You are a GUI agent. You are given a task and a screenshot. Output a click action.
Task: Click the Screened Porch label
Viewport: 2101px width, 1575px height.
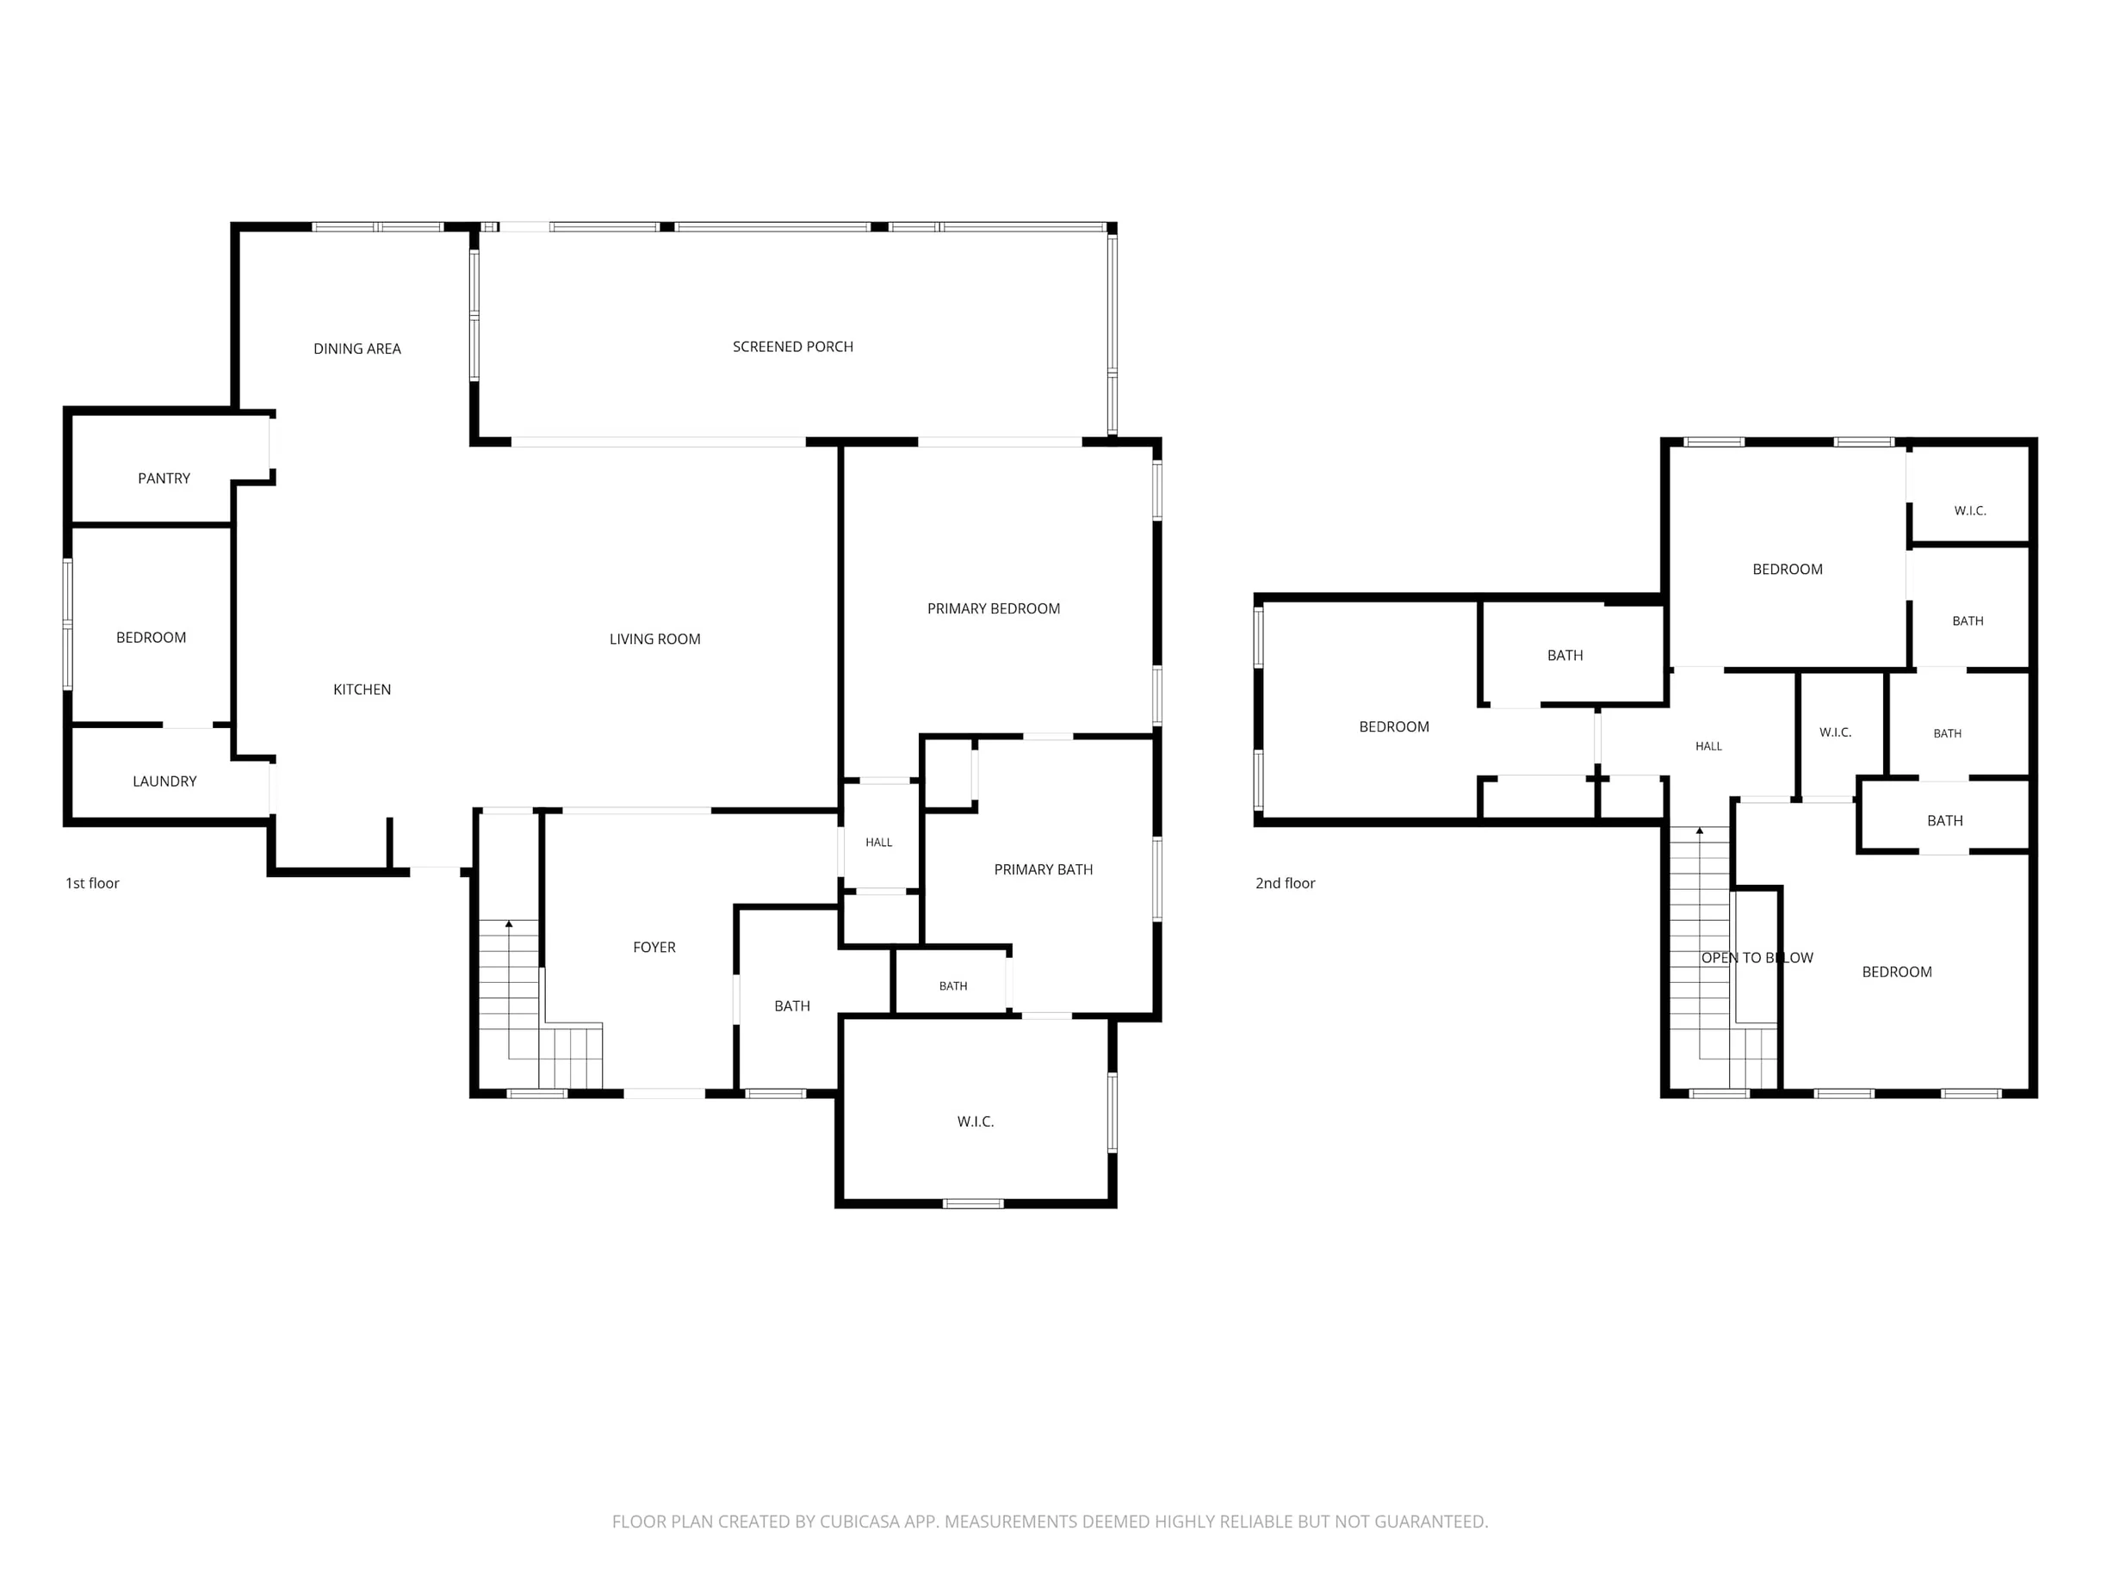(792, 347)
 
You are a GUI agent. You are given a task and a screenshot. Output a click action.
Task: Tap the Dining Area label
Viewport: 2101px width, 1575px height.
(357, 349)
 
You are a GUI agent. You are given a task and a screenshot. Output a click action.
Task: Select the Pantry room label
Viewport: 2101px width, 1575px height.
(164, 478)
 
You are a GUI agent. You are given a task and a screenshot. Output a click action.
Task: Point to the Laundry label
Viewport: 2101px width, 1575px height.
(164, 781)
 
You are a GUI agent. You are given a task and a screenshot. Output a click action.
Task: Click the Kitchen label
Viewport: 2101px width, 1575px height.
(362, 689)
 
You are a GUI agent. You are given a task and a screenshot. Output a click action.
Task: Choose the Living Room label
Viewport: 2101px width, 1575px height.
(654, 639)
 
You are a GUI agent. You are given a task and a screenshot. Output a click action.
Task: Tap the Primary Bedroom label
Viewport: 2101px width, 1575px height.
(994, 608)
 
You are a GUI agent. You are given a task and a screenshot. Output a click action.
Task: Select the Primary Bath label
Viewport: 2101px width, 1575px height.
(1043, 868)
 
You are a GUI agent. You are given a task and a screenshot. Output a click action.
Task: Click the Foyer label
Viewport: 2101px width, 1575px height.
(654, 947)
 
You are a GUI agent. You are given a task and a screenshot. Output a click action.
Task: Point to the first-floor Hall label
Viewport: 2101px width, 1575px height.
(878, 842)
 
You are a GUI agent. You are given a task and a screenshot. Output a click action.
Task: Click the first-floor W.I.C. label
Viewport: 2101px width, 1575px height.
(976, 1121)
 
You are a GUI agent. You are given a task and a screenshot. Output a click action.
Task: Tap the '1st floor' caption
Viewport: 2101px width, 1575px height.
(92, 883)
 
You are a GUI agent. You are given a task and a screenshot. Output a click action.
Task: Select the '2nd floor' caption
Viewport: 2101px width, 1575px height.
(1285, 883)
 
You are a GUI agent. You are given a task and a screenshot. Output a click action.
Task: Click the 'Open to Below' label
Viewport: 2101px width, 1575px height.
(1757, 957)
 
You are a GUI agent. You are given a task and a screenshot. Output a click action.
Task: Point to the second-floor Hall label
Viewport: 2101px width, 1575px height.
(1708, 746)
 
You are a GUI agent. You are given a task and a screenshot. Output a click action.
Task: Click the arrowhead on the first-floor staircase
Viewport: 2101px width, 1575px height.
(509, 923)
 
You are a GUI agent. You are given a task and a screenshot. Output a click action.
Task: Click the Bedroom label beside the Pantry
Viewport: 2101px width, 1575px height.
(151, 637)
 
